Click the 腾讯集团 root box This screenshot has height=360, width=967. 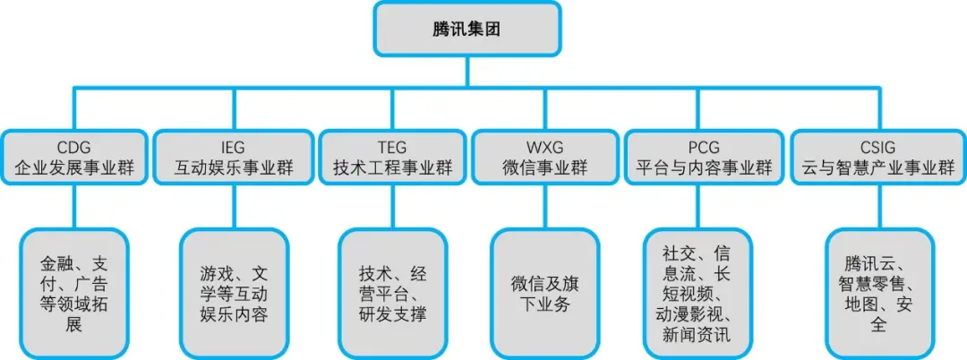tap(466, 29)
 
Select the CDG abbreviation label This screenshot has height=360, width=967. tap(73, 147)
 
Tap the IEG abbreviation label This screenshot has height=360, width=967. tap(232, 147)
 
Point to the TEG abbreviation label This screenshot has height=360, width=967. tap(391, 147)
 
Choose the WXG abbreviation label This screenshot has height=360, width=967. tap(544, 147)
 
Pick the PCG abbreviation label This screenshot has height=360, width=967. tap(703, 147)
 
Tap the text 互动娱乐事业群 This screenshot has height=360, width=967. tap(232, 167)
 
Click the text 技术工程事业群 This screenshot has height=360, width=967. tap(391, 167)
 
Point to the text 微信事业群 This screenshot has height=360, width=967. tap(544, 167)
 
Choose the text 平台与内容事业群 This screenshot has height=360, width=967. tap(703, 167)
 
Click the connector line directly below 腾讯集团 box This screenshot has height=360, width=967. tap(466, 72)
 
